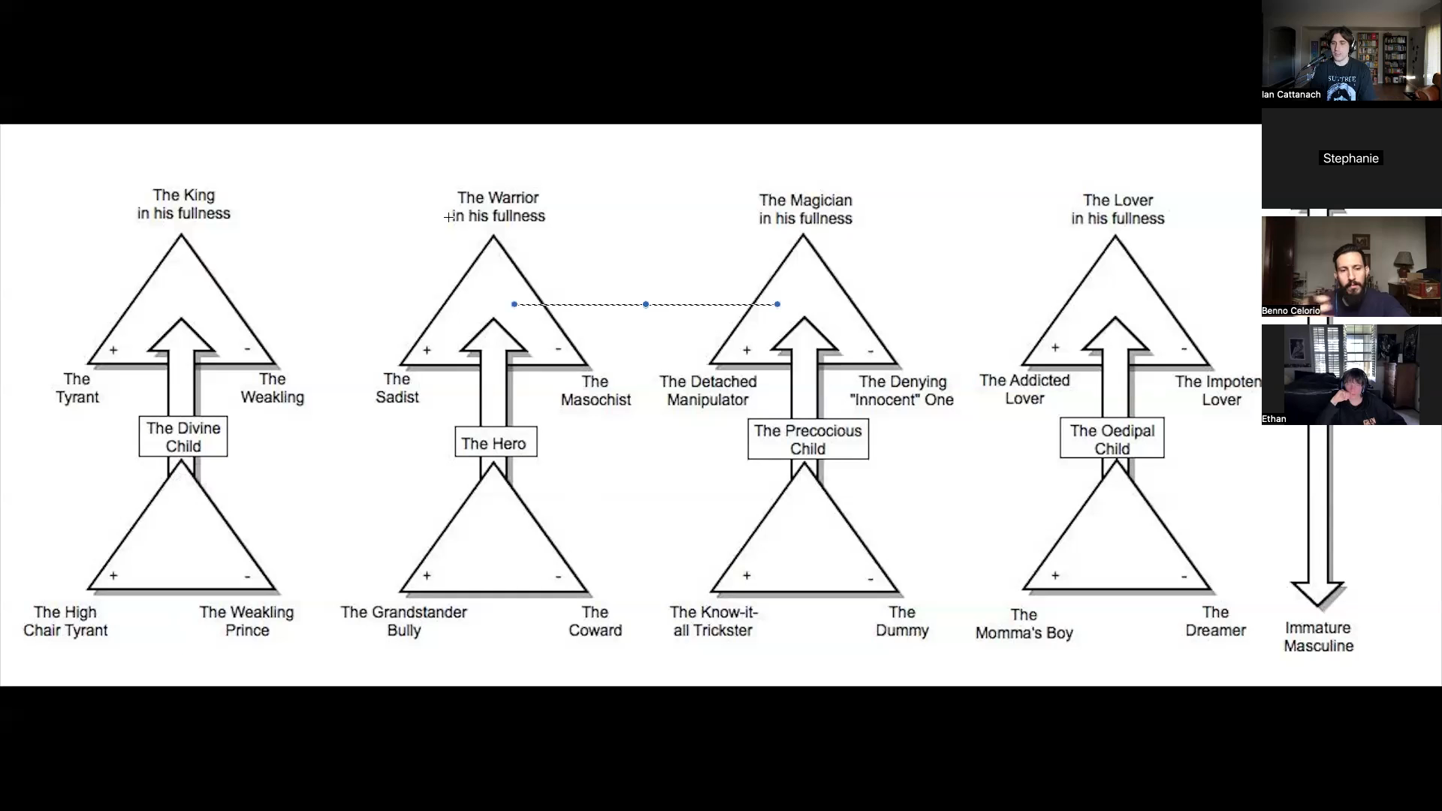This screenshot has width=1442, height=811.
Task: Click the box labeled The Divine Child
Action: point(183,437)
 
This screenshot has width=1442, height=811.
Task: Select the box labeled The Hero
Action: point(496,443)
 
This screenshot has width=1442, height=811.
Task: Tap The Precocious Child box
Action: point(808,439)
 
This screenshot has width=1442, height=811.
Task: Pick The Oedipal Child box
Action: point(1112,439)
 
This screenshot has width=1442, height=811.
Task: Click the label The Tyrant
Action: point(77,388)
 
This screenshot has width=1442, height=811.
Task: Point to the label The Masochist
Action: point(596,390)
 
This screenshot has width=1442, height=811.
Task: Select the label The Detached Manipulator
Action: point(708,390)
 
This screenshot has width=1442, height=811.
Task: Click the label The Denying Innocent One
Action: point(902,390)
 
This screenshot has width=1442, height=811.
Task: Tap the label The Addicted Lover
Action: point(1024,389)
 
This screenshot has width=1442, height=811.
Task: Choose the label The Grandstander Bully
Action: point(404,621)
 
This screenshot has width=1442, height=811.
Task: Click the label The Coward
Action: point(595,621)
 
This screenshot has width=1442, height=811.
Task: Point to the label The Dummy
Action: point(902,621)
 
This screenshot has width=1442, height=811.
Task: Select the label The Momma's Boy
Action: point(1024,624)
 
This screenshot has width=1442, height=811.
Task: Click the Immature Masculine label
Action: point(1318,637)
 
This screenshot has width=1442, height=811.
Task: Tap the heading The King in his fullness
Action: point(184,204)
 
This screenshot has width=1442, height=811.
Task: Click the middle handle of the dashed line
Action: point(646,304)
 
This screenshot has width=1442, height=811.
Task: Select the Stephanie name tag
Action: point(1350,158)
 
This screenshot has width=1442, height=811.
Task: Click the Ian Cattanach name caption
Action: point(1292,95)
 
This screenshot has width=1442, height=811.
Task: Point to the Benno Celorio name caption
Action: point(1291,310)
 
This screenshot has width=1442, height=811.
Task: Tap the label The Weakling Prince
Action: point(246,621)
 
